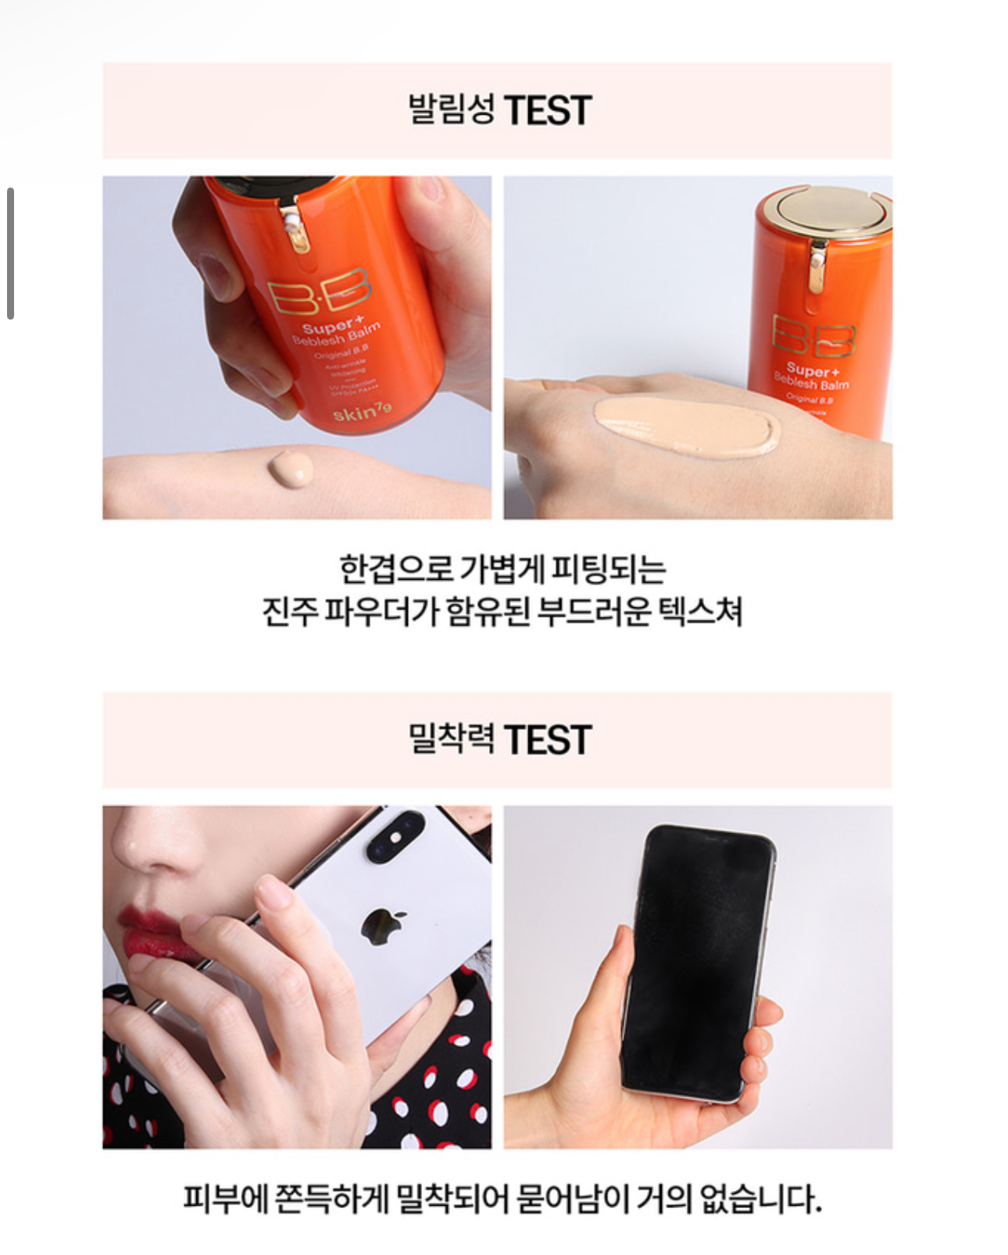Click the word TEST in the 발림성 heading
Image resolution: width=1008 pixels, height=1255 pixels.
click(x=547, y=110)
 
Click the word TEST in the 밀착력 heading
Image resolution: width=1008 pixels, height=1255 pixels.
click(x=547, y=740)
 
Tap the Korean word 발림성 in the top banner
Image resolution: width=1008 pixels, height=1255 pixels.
click(x=451, y=109)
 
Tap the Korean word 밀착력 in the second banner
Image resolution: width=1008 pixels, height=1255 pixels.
click(x=451, y=738)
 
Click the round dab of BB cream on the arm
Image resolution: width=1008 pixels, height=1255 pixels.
click(x=291, y=468)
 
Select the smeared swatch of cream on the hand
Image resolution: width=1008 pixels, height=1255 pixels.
click(x=686, y=427)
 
